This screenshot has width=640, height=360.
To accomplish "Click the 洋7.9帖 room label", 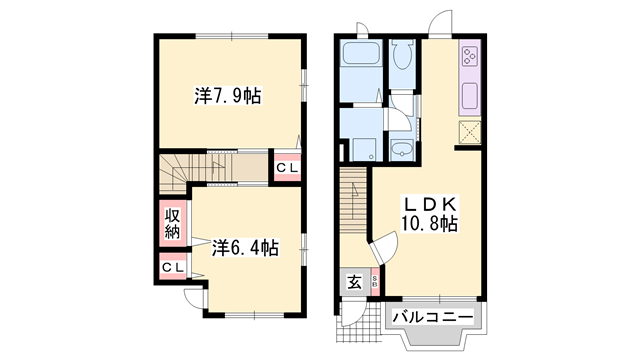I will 228,97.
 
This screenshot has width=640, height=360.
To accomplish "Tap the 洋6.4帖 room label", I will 244,246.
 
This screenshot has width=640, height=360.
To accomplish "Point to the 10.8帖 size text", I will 429,223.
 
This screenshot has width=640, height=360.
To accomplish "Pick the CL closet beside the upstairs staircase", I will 286,167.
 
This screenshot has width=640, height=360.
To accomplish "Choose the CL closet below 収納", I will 172,267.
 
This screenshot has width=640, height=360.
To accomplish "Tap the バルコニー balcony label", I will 431,317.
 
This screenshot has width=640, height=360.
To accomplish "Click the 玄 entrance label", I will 355,282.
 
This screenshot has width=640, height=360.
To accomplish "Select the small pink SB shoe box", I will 375,282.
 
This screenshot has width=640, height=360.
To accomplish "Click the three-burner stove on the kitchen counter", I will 470,58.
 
